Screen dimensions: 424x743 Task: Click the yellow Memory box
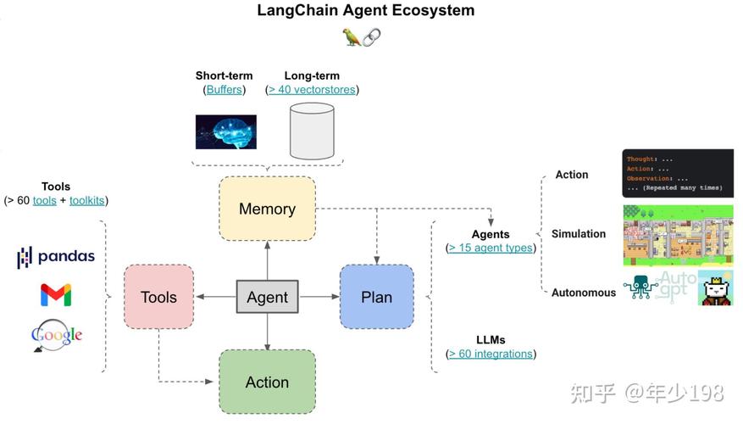click(267, 209)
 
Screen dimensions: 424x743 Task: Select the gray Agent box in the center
click(267, 298)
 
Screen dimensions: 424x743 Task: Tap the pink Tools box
click(158, 297)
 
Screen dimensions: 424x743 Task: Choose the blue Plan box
click(376, 297)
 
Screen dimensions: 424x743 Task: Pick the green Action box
click(267, 382)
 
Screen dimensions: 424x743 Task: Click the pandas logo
click(56, 257)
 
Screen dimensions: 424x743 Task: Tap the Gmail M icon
click(56, 295)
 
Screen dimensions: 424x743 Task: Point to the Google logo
click(56, 335)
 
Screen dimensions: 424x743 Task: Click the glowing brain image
click(225, 132)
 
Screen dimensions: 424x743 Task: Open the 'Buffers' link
click(224, 90)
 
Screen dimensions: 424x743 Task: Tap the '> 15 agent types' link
click(491, 248)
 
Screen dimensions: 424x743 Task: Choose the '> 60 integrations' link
click(491, 354)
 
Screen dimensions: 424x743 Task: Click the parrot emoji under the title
click(351, 36)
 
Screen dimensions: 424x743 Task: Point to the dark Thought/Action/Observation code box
click(678, 173)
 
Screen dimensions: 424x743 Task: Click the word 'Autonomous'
click(584, 293)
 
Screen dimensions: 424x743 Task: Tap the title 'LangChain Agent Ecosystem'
click(366, 11)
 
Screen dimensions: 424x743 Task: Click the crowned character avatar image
click(716, 289)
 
